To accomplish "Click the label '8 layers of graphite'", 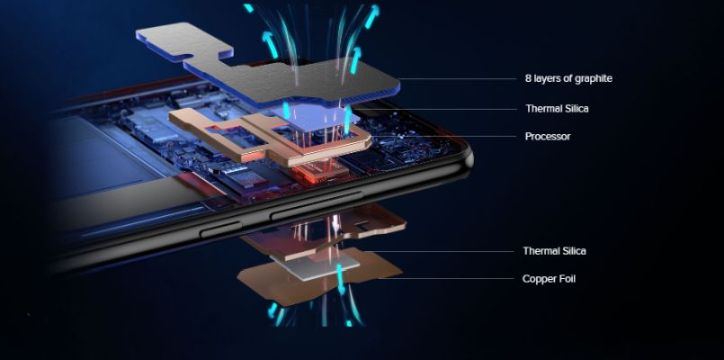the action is (x=568, y=78).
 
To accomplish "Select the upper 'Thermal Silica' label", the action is (x=557, y=109).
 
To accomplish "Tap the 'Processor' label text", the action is (x=548, y=136).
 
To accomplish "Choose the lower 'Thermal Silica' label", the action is (x=554, y=251).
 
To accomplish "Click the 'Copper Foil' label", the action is (x=549, y=279).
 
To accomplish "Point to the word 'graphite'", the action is (x=593, y=79).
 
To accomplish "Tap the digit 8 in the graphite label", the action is (x=528, y=78).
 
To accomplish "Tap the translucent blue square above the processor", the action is (x=318, y=119).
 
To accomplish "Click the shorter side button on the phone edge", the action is (x=220, y=229).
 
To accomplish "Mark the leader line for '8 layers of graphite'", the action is (x=458, y=78).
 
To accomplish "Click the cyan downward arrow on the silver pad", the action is (x=341, y=279).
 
